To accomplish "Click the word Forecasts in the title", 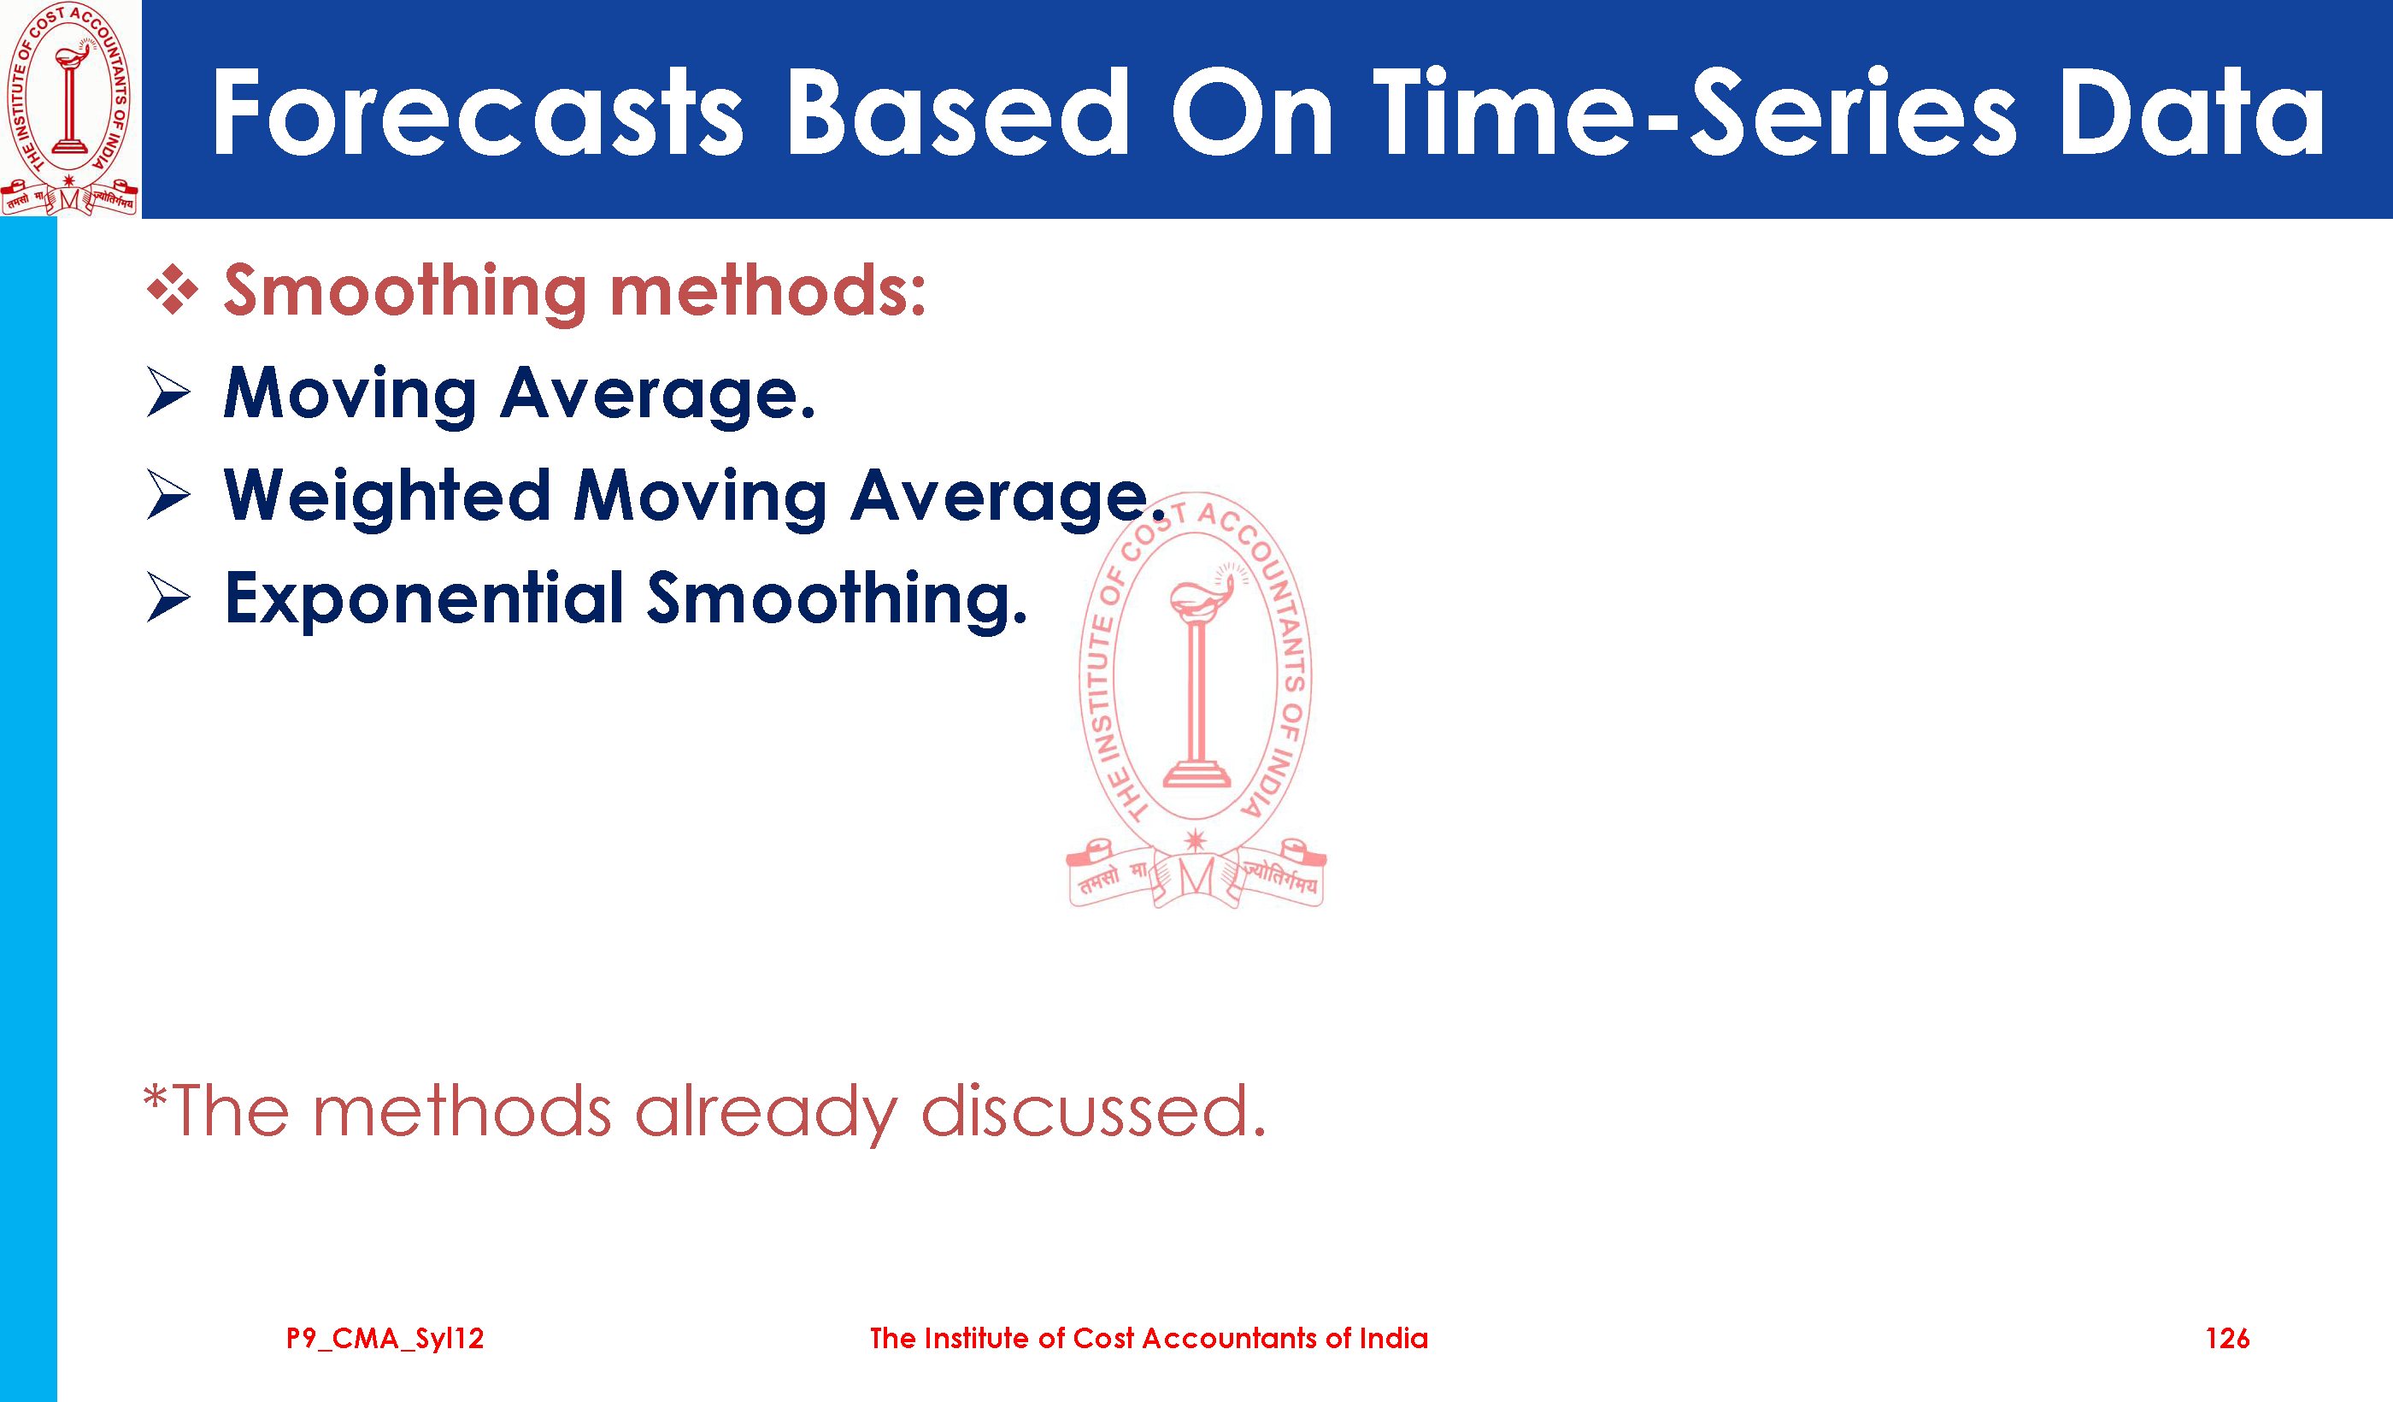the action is point(478,111).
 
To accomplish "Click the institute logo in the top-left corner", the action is point(69,108).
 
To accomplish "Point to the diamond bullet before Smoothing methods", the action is point(173,289).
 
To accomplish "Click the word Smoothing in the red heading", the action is point(405,292).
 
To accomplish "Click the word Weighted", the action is point(387,497).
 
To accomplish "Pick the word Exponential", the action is point(425,599).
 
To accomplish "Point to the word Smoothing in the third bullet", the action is point(837,600).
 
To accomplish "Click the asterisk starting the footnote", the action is point(155,1099).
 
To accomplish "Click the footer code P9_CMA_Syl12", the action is point(385,1339).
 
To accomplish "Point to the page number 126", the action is point(2227,1339).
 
